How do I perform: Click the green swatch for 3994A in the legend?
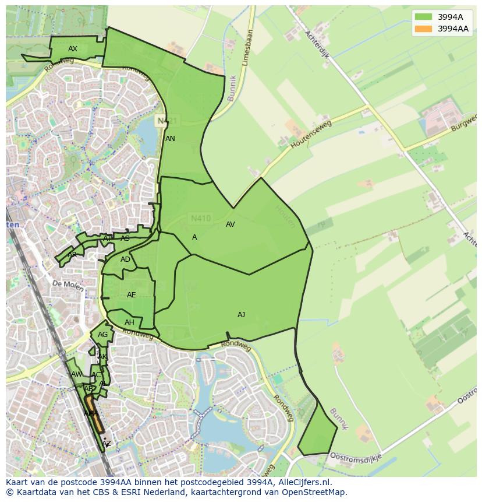coord(423,17)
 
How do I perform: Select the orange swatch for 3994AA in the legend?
coord(423,29)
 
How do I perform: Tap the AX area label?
coord(73,49)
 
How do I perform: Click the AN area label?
coord(170,139)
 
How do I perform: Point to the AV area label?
coord(230,224)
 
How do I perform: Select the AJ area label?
coord(241,315)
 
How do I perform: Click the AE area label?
coord(131,295)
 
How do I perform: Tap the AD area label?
coord(125,259)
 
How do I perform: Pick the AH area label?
coord(129,322)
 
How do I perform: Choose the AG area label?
coord(102,335)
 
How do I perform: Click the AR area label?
coord(72,255)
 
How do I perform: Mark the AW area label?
coord(76,374)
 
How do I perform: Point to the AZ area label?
coord(106,444)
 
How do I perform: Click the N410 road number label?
coord(201,219)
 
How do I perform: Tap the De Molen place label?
coord(65,283)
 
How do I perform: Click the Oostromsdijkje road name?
coord(355,456)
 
